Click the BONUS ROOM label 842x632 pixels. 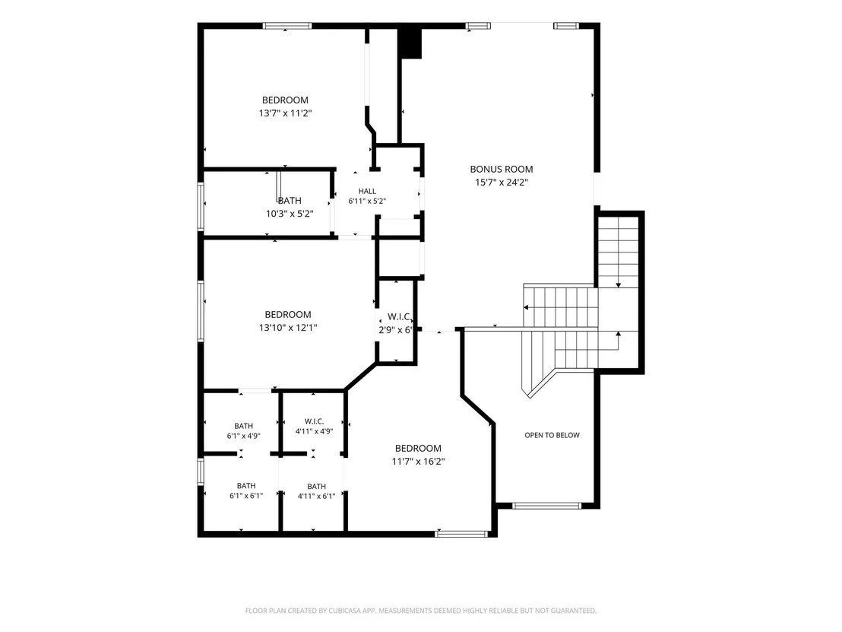pos(501,170)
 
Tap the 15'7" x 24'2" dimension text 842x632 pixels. pos(501,183)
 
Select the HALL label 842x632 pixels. pos(367,191)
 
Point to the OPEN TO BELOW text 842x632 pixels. pos(552,435)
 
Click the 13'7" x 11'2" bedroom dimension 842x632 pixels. pos(285,113)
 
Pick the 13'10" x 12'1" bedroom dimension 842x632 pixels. pos(288,328)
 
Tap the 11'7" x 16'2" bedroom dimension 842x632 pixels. pos(418,461)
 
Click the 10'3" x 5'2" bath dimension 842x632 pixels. pos(290,214)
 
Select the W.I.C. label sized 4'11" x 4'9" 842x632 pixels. pos(314,421)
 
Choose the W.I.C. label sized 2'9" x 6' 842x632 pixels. pos(399,317)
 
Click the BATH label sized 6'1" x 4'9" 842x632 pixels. pos(244,426)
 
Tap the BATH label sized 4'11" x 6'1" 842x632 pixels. pos(317,487)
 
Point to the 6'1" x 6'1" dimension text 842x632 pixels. pos(246,496)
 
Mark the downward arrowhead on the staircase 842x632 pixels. pos(619,285)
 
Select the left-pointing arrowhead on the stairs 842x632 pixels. pos(526,307)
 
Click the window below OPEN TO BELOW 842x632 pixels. pos(546,505)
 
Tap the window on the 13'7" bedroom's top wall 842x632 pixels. pos(287,26)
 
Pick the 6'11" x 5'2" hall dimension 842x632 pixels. pos(367,202)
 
